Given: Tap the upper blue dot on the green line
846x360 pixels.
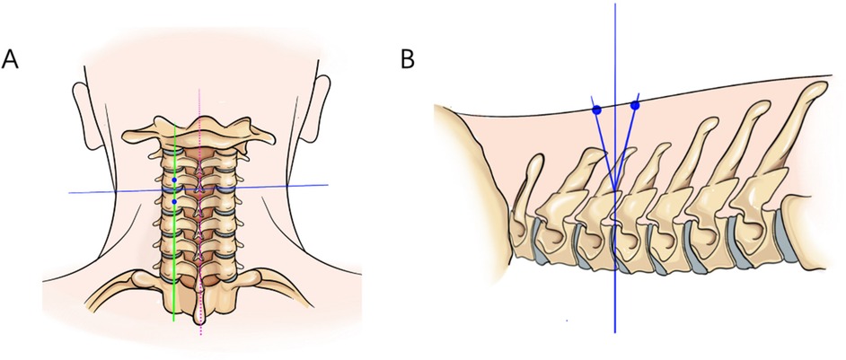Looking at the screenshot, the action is point(174,180).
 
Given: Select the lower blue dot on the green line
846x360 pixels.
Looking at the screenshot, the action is point(174,202).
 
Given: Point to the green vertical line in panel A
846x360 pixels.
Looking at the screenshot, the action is point(174,269).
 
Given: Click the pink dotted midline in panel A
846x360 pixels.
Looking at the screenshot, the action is point(200,108).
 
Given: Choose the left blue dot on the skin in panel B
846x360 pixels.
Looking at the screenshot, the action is point(596,110).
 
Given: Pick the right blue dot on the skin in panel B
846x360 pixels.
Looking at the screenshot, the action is point(636,106).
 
